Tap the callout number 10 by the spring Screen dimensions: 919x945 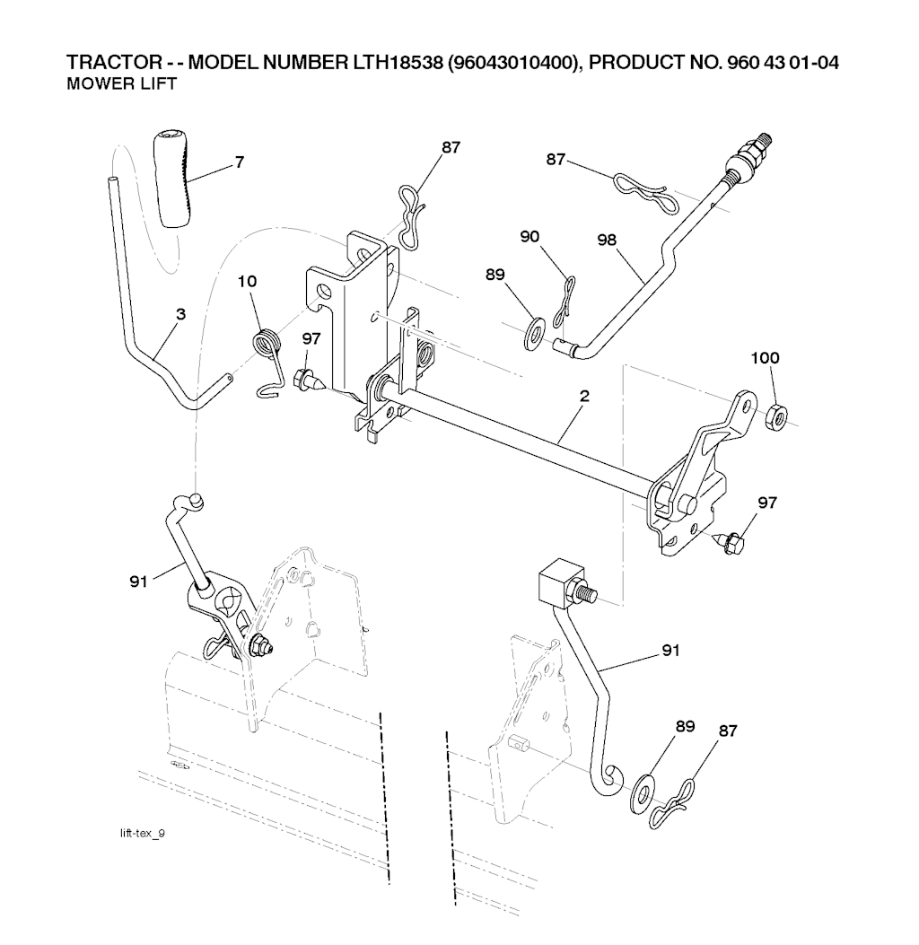coord(247,282)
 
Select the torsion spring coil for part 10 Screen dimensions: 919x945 coord(262,344)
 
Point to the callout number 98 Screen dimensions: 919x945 coord(607,240)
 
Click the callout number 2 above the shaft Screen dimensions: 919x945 coord(584,396)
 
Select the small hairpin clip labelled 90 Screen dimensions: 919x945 coord(565,298)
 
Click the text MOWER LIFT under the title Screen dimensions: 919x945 coord(122,83)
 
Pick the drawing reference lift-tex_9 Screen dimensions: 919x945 coord(142,834)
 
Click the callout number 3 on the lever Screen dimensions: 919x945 coord(180,314)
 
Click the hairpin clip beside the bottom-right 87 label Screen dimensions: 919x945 coord(674,805)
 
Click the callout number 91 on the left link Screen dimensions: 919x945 coord(138,582)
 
